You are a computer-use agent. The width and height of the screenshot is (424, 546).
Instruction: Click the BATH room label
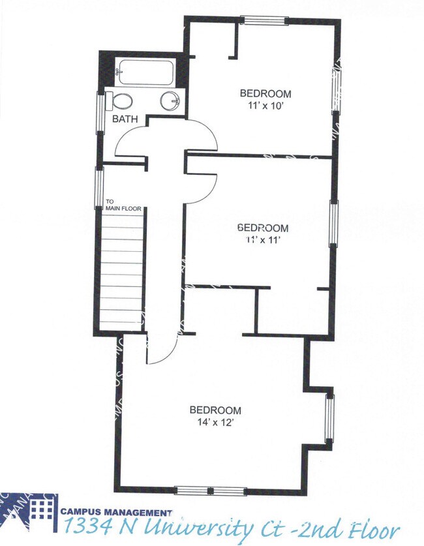click(125, 119)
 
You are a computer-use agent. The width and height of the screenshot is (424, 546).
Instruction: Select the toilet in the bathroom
click(121, 101)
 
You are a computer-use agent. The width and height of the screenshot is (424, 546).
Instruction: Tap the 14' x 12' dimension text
click(215, 422)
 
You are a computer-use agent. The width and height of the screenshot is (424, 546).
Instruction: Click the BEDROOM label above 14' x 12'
click(215, 410)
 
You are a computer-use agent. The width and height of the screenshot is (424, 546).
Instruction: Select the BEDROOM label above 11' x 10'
click(265, 93)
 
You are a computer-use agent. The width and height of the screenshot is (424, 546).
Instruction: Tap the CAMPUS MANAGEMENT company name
click(116, 513)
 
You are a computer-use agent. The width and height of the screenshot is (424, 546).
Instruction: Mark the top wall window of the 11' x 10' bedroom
click(264, 20)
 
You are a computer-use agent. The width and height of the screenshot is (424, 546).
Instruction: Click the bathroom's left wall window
click(100, 112)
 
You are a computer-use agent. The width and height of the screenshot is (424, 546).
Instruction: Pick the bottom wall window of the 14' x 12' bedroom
click(210, 491)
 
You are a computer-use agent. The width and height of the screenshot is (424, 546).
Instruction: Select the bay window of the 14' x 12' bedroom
click(329, 418)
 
